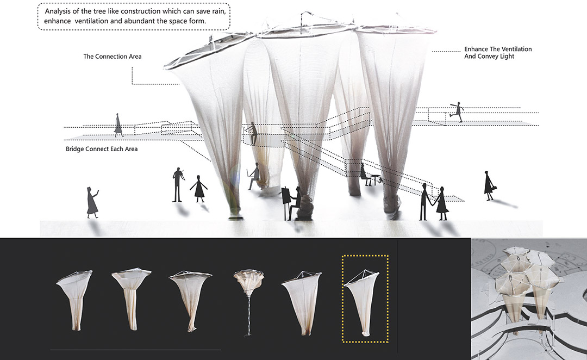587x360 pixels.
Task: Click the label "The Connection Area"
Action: point(113,57)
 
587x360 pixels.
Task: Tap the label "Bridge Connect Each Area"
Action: point(102,149)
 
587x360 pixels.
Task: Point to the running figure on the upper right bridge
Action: point(457,111)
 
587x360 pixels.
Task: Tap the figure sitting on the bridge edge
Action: point(252,133)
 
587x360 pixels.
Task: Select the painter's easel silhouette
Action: point(286,203)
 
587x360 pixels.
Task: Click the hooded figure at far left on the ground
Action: point(92,202)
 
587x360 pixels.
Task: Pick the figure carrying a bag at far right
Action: point(489,185)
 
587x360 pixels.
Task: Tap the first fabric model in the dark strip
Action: point(75,300)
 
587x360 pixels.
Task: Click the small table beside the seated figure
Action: point(375,179)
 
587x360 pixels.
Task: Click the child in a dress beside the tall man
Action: point(199,189)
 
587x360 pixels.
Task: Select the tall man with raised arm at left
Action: point(178,185)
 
